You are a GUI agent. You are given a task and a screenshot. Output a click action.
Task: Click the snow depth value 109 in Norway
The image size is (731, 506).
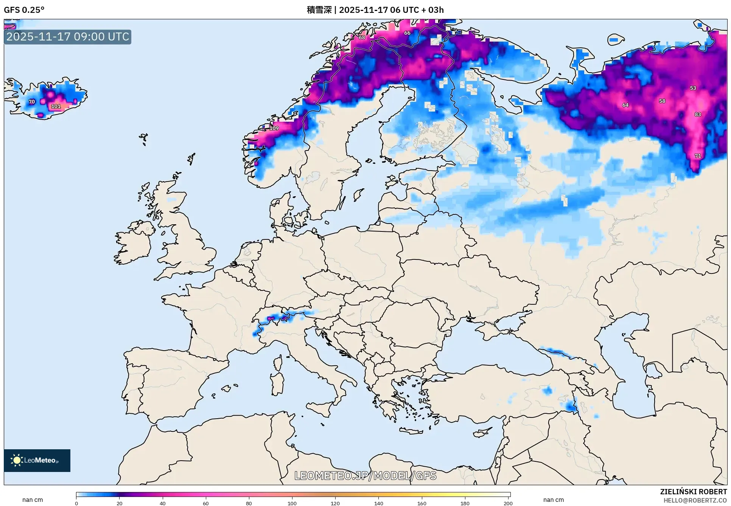[274, 128]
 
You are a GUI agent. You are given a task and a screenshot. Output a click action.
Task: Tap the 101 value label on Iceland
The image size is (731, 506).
[56, 106]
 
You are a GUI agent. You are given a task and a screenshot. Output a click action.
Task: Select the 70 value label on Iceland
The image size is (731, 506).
[32, 102]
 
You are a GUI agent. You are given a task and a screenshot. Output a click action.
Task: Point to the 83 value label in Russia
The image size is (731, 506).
[698, 114]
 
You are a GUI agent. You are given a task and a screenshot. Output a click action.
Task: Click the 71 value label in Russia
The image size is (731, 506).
[698, 156]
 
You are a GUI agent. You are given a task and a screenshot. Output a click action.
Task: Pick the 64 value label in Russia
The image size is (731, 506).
[625, 105]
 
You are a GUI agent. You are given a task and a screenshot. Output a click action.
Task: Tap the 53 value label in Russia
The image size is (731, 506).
[693, 88]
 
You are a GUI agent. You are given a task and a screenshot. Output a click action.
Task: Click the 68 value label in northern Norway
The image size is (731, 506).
[362, 37]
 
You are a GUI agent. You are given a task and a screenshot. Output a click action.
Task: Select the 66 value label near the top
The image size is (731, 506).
[407, 33]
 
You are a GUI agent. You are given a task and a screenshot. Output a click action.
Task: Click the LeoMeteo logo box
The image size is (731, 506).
[37, 460]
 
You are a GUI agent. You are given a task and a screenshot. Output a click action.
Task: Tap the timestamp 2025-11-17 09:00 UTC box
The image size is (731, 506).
[68, 37]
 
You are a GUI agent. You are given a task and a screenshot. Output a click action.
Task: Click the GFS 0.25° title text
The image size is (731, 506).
[24, 10]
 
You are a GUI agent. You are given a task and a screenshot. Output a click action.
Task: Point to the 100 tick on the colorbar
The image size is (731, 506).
[292, 503]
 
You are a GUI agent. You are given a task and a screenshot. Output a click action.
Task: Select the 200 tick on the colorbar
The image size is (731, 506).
[508, 503]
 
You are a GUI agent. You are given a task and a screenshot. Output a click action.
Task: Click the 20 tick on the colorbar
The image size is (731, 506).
[120, 503]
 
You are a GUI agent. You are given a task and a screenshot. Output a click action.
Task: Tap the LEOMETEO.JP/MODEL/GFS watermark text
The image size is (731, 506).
[365, 476]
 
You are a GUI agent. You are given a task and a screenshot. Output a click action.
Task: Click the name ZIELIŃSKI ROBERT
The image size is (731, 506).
[693, 492]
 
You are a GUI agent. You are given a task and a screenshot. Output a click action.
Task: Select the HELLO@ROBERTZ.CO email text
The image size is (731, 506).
[695, 500]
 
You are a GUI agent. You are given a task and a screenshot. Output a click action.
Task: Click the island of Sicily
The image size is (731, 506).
[322, 409]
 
